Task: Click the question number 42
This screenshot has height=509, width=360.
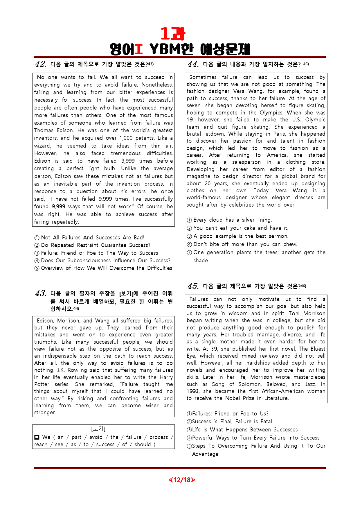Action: point(41,64)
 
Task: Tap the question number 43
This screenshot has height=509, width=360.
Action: point(41,293)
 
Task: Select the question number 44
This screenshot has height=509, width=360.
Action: point(193,64)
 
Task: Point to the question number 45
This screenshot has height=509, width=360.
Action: point(193,286)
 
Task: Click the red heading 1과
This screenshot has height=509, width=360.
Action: point(173,34)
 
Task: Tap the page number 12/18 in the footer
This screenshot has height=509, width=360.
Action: point(182,480)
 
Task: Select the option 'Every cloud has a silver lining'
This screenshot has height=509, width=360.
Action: point(229,220)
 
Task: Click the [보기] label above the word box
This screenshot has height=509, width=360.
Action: point(98,429)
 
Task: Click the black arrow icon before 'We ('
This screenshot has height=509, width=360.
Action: point(37,437)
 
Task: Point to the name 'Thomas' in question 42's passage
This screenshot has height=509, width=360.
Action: point(44,130)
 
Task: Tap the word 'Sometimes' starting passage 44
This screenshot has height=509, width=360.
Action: point(203,77)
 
